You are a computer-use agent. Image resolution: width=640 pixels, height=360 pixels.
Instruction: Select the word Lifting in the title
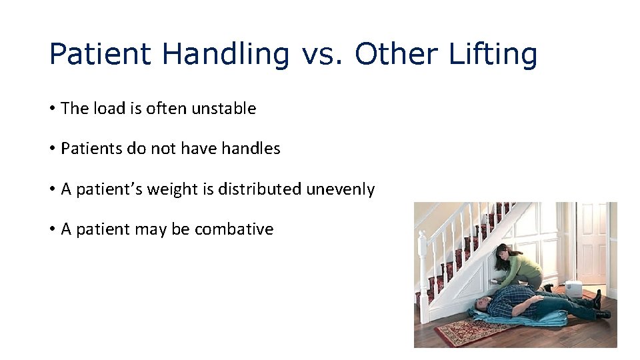point(493,53)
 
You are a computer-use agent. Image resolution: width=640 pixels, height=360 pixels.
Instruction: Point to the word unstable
point(223,109)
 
